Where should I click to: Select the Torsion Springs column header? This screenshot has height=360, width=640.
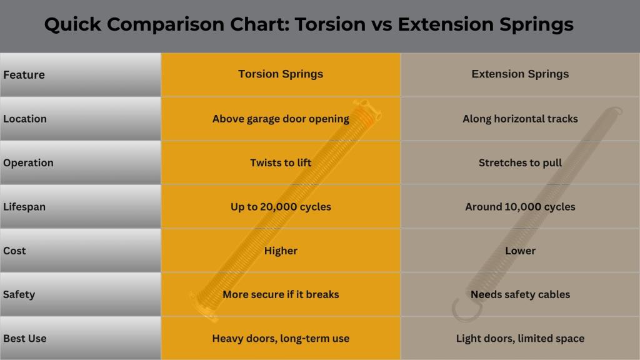tap(281, 74)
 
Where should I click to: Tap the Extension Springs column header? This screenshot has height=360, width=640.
tap(520, 74)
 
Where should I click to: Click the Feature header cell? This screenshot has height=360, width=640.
tap(24, 75)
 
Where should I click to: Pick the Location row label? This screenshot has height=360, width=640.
tap(25, 119)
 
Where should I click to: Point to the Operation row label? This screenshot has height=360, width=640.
tap(28, 162)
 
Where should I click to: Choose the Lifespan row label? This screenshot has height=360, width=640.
tap(24, 207)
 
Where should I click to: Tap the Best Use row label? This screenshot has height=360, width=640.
tap(25, 339)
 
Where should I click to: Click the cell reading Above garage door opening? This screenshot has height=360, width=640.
tap(281, 119)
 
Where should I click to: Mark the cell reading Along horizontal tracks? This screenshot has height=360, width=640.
tap(520, 119)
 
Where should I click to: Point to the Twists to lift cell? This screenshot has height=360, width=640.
tap(281, 162)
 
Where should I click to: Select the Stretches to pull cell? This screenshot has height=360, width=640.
tap(520, 162)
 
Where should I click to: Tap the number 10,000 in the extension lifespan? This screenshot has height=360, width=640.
tap(522, 207)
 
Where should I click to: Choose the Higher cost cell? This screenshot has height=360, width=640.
tap(281, 251)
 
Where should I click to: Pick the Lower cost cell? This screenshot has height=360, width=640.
tap(520, 251)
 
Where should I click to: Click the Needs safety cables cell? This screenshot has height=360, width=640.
tap(520, 294)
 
